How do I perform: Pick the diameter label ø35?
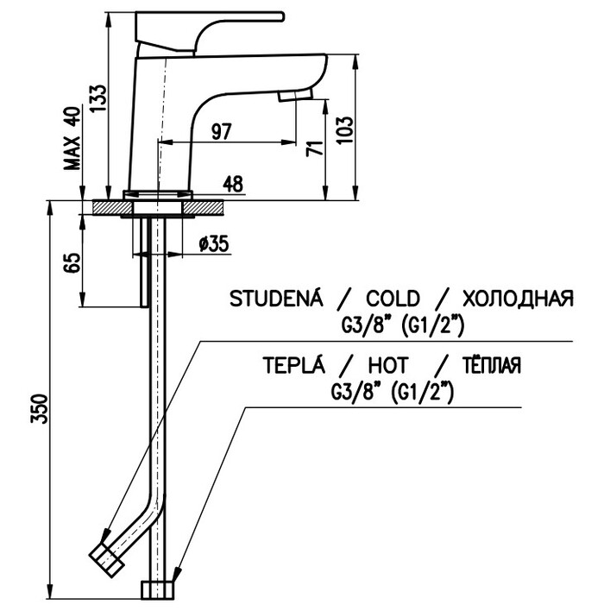tap(212, 244)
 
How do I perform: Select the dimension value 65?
tap(72, 261)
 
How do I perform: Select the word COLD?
tap(393, 299)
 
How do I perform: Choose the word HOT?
tap(389, 365)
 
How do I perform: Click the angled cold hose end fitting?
tap(108, 557)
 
